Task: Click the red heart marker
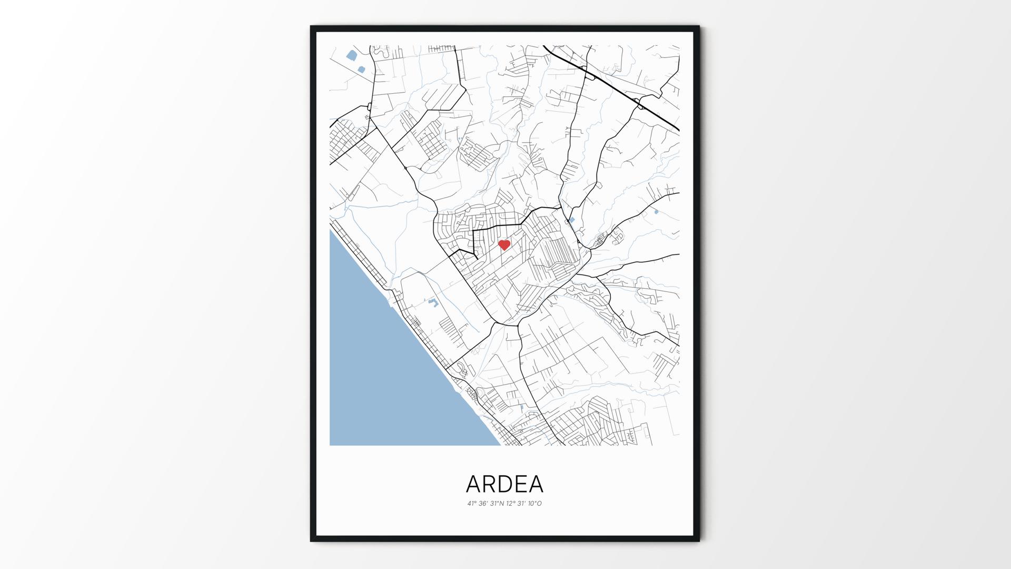pyautogui.click(x=504, y=245)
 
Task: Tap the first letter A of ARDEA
pyautogui.click(x=473, y=484)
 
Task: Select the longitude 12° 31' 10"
pyautogui.click(x=521, y=504)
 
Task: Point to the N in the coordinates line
pyautogui.click(x=502, y=504)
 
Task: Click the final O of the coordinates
pyautogui.click(x=539, y=504)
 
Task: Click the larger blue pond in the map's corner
pyautogui.click(x=351, y=54)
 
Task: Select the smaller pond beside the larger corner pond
pyautogui.click(x=361, y=69)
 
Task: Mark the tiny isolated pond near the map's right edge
pyautogui.click(x=656, y=212)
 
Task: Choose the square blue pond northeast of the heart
pyautogui.click(x=572, y=220)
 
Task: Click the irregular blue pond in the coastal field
pyautogui.click(x=433, y=302)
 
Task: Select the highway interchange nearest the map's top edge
pyautogui.click(x=589, y=76)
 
